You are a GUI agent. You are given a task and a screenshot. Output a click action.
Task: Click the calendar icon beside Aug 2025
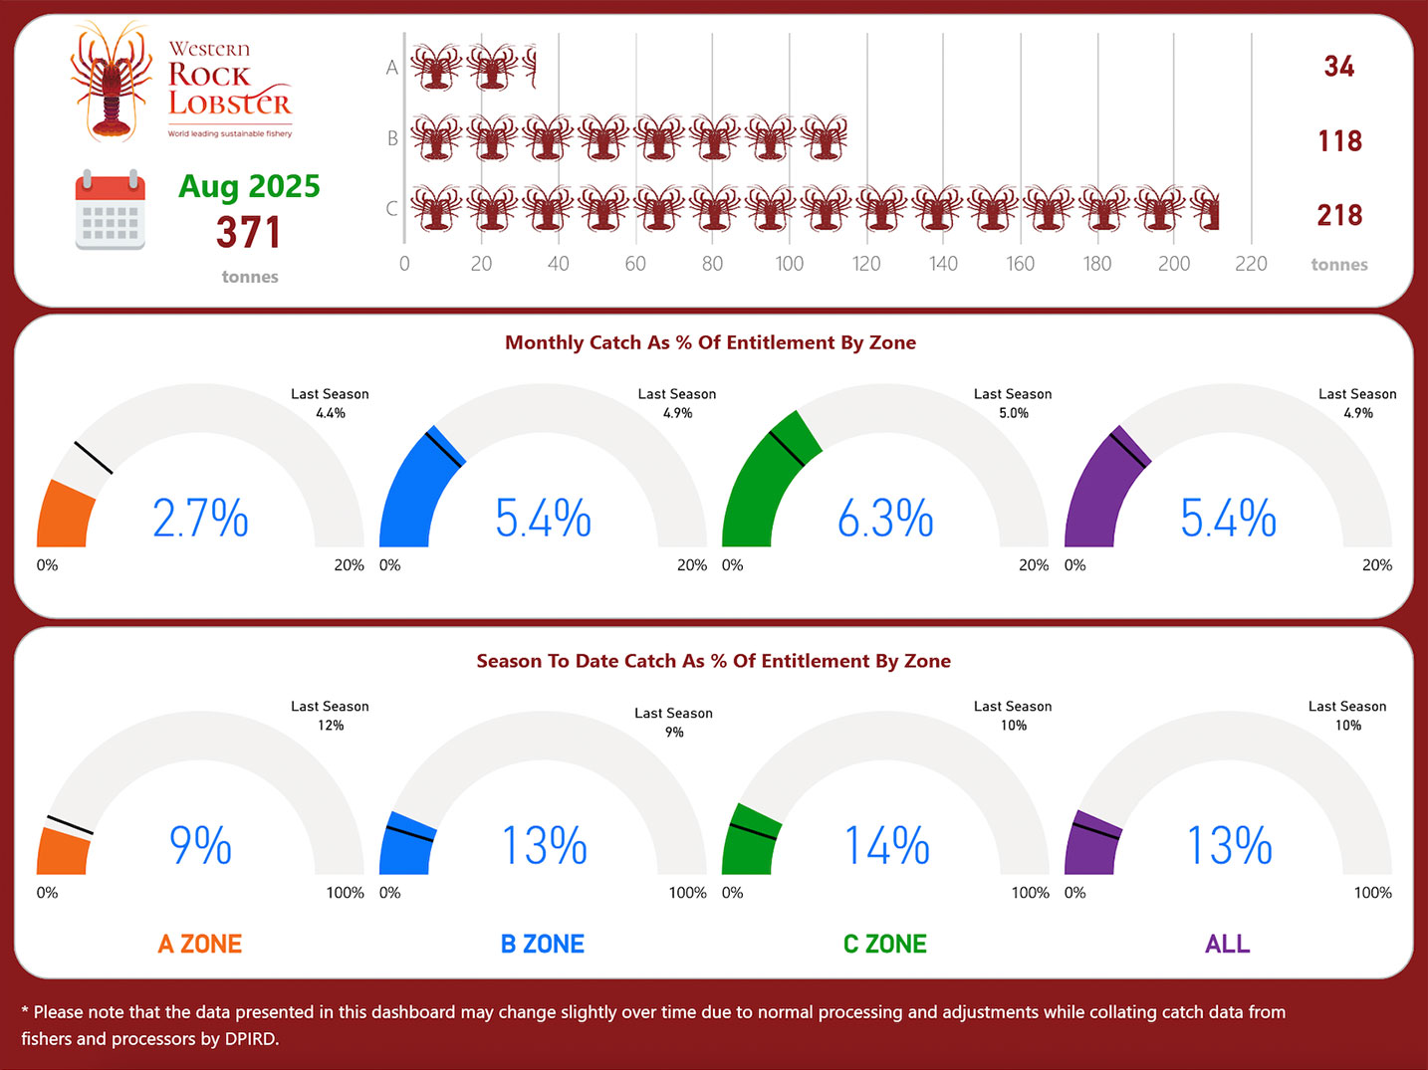pos(110,210)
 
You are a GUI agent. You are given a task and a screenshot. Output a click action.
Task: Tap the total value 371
pos(249,233)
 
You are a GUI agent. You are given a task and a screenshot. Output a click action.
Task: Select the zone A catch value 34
pos(1338,67)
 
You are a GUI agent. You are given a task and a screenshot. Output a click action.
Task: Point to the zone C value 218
pos(1338,215)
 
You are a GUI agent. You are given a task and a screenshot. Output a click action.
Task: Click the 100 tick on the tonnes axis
pos(789,264)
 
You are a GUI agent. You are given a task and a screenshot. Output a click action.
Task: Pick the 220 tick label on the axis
pos(1251,264)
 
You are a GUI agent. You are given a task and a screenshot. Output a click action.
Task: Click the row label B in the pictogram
pos(392,138)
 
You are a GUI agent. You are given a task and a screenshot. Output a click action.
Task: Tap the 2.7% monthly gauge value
pos(200,519)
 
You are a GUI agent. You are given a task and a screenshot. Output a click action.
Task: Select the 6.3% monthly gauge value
pos(885,519)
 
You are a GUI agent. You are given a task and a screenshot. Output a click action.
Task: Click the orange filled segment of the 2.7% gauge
pos(64,516)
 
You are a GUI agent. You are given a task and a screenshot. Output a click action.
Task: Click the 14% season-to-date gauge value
pos(886,846)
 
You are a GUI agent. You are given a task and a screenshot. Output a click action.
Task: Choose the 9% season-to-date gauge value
pos(200,846)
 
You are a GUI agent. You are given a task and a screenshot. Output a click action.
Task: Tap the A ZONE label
pos(200,944)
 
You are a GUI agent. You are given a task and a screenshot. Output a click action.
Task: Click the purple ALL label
pos(1227,944)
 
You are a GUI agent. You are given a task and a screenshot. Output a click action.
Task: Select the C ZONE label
pos(885,944)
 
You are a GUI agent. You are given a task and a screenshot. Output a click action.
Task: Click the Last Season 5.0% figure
pos(1014,413)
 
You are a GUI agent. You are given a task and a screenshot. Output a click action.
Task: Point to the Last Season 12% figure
pos(331,726)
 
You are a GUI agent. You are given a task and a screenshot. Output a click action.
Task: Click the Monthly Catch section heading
pos(710,342)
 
